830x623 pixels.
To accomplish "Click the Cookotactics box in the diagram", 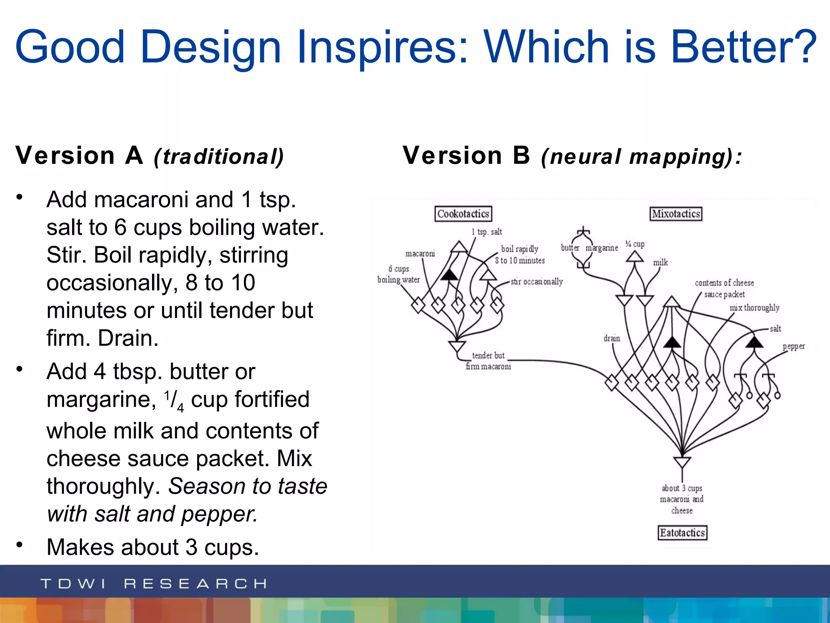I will (463, 214).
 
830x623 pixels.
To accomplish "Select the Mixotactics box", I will (676, 214).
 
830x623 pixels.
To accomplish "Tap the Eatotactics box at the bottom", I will (682, 533).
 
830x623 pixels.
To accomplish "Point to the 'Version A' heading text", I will (79, 156).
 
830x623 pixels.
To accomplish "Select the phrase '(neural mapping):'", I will (642, 157).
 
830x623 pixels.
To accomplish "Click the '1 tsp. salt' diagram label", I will (487, 232).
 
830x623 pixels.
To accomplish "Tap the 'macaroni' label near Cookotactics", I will (420, 253).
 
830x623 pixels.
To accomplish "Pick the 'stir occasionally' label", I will (537, 281).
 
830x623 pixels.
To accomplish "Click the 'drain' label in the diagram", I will (612, 338).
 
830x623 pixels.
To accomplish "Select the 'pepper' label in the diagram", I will (794, 346).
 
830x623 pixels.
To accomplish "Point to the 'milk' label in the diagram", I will (660, 262).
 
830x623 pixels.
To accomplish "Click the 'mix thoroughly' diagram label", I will (754, 308).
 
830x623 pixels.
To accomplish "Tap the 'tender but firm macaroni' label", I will (488, 361).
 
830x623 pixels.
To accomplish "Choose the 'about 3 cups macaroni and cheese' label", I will (682, 499).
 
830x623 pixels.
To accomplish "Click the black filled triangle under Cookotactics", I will (449, 275).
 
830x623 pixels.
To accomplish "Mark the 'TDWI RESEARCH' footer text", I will (154, 584).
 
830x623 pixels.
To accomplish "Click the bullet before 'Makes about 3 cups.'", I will (19, 544).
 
